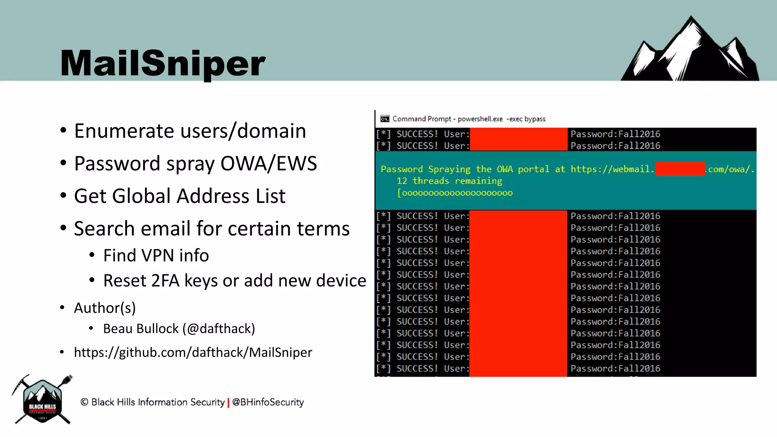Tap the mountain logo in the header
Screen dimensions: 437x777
tap(689, 51)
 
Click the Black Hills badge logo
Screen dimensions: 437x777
tap(42, 401)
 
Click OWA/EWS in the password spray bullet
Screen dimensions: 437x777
tap(269, 163)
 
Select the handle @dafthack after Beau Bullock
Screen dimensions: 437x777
tap(219, 329)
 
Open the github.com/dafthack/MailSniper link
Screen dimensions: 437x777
tap(193, 352)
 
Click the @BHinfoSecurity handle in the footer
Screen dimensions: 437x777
tap(268, 402)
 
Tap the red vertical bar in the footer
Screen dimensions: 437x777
tap(228, 402)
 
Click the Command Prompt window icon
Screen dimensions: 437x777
tap(385, 119)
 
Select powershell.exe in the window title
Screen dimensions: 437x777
tap(480, 119)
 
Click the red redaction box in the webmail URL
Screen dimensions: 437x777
tap(680, 169)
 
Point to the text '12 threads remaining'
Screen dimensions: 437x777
tap(449, 181)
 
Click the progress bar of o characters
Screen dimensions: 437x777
tap(455, 193)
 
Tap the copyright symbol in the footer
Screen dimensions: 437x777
tap(84, 402)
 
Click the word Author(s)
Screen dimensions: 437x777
tap(105, 308)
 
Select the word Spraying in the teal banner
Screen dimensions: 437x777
tap(449, 169)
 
